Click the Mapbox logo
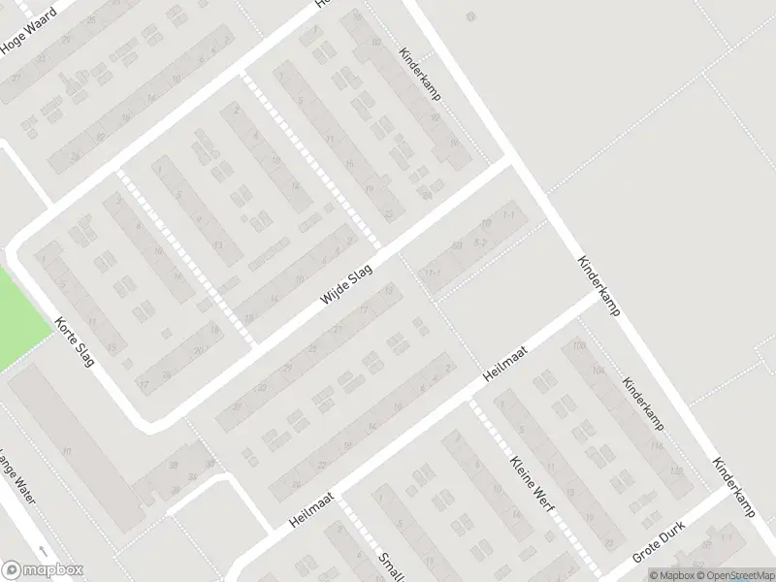pyautogui.click(x=42, y=570)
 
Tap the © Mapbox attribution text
pyautogui.click(x=676, y=573)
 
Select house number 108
pyautogui.click(x=580, y=346)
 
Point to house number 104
pyautogui.click(x=598, y=371)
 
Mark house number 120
pyautogui.click(x=675, y=471)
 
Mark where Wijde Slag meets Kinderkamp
pyautogui.click(x=512, y=163)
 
